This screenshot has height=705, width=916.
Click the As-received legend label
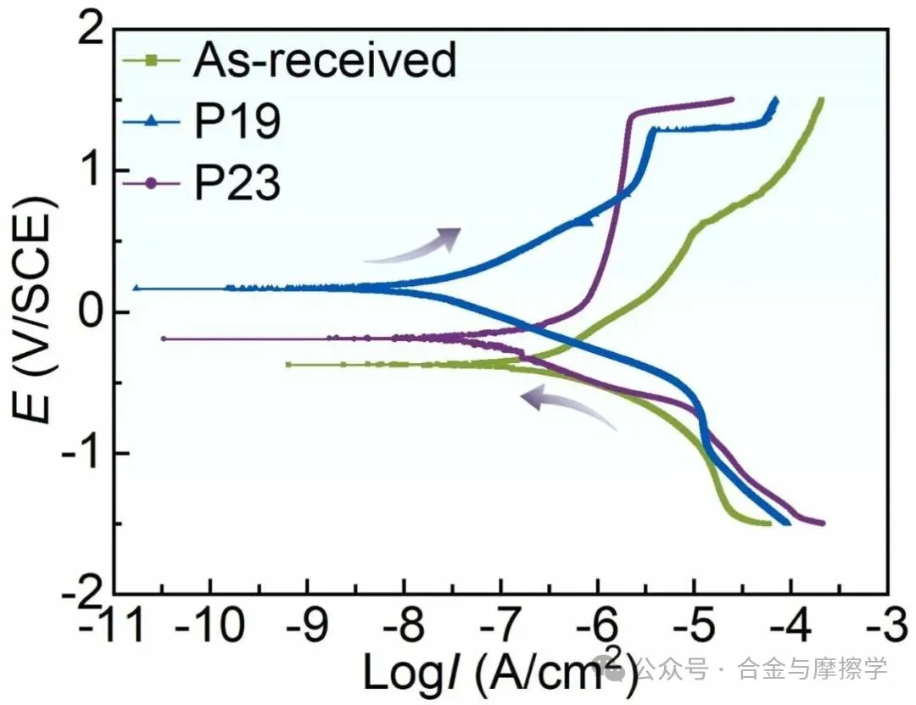[325, 61]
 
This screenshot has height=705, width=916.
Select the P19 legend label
[237, 122]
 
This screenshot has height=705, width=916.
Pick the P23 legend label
[237, 183]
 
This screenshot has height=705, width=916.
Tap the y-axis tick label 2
[91, 32]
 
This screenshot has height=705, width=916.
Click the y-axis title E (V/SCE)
[36, 314]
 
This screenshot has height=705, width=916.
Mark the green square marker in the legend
[153, 60]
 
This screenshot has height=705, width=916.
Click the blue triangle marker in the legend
[153, 123]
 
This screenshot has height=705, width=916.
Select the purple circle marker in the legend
[153, 183]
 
